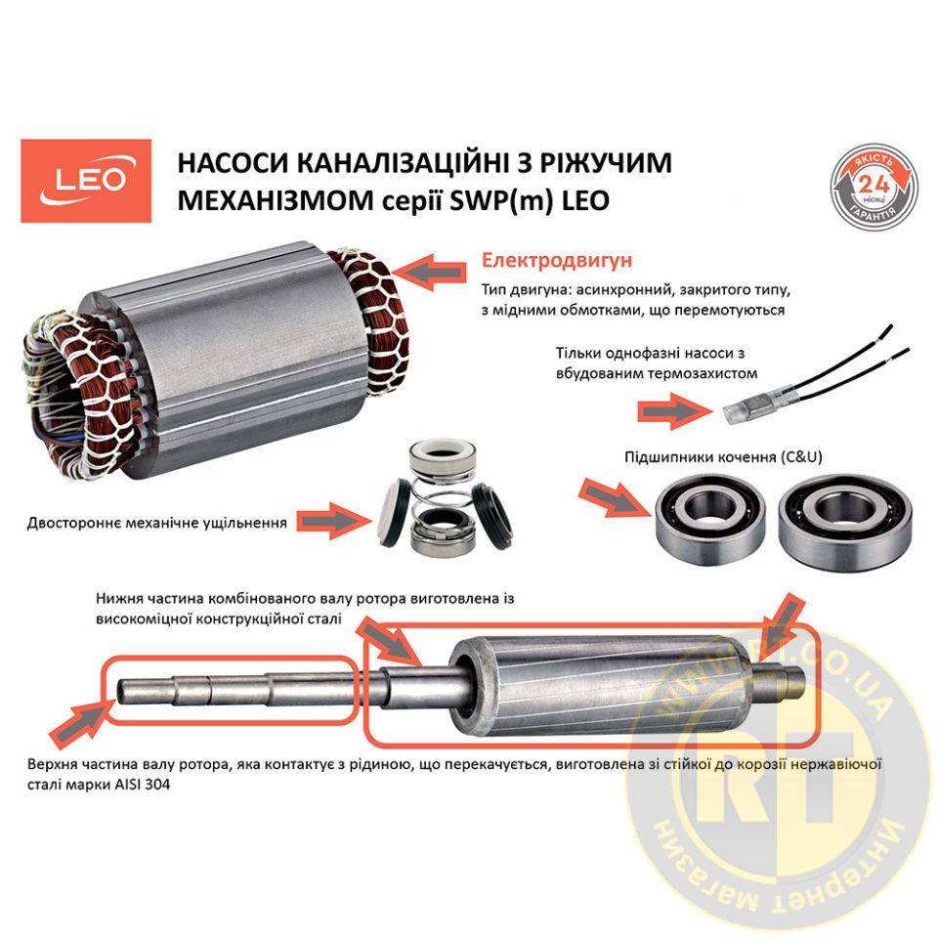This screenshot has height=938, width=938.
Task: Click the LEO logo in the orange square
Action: (86, 181)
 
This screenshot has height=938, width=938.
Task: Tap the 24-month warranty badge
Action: (874, 187)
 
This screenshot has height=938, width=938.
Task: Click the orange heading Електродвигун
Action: (556, 261)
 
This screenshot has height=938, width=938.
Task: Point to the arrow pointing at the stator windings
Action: (430, 272)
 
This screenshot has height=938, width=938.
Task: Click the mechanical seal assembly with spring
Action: (444, 495)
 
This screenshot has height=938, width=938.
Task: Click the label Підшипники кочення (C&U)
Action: (723, 457)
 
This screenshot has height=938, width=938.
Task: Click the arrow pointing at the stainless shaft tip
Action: (81, 724)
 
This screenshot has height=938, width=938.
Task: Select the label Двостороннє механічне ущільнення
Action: (156, 524)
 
